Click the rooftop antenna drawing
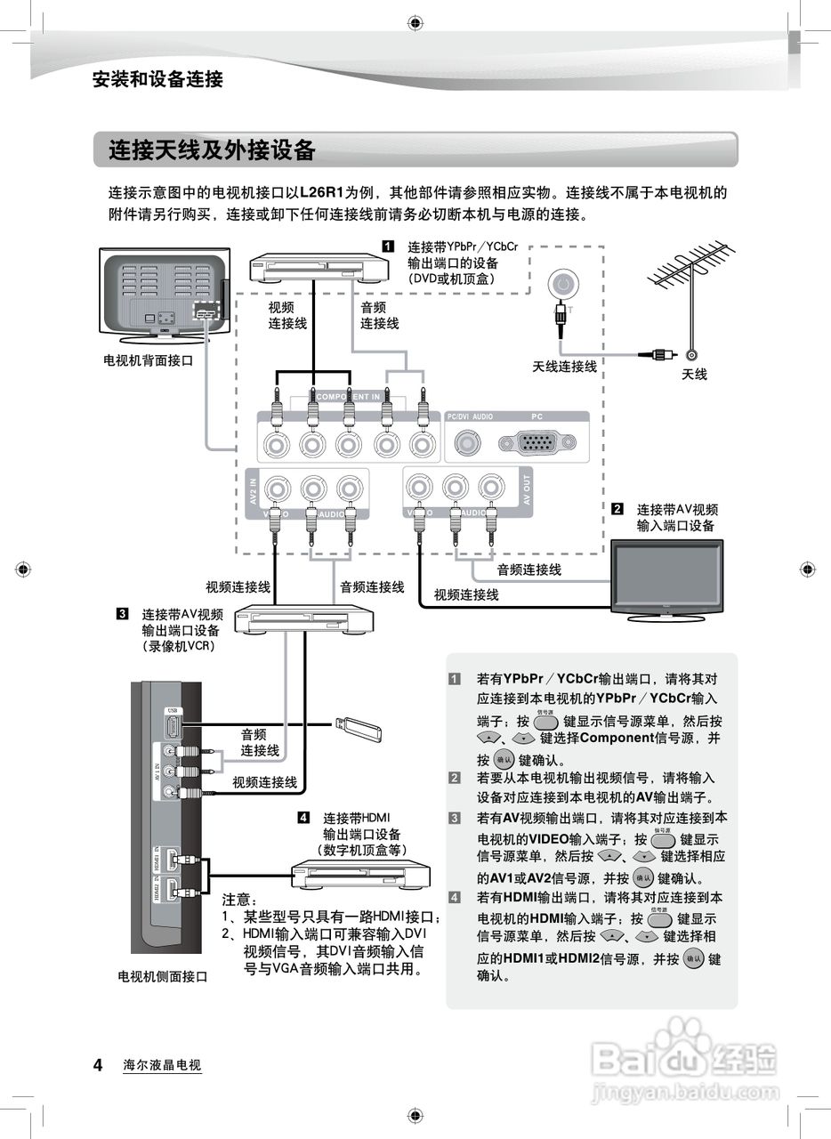click(694, 276)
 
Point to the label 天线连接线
click(564, 367)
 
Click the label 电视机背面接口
click(148, 360)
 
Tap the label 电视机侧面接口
click(163, 976)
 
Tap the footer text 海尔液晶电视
click(163, 1065)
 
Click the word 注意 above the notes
click(238, 900)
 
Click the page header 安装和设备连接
click(157, 79)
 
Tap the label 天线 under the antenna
click(694, 375)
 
